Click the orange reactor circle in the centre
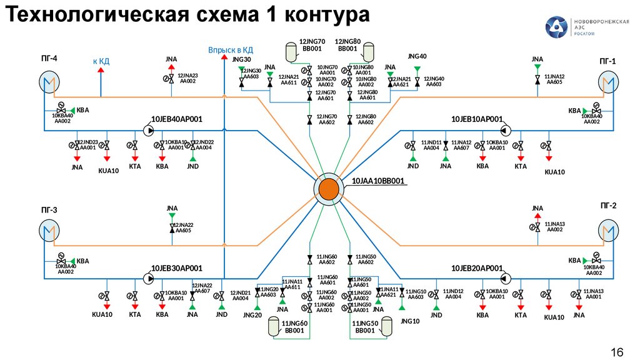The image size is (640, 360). (327, 189)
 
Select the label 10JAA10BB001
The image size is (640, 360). (379, 182)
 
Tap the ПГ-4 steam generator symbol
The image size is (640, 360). (48, 82)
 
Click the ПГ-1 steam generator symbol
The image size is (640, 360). (607, 81)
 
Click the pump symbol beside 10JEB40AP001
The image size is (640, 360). (148, 131)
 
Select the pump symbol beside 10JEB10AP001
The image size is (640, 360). (504, 131)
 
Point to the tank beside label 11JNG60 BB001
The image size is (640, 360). (274, 327)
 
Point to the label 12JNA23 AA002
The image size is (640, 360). (187, 78)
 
